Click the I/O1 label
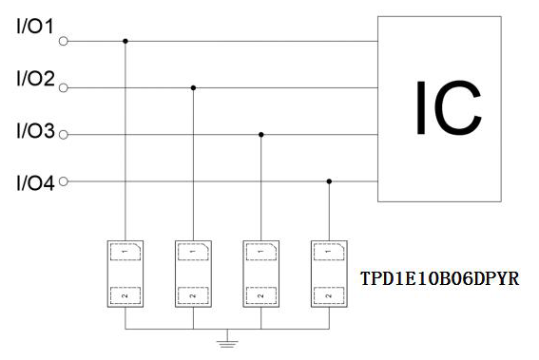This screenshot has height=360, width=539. click(35, 27)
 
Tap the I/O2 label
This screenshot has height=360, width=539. click(36, 78)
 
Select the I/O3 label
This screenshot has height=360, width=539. click(36, 131)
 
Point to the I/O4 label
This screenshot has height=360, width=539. click(36, 183)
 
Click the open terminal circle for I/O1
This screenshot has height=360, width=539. click(64, 41)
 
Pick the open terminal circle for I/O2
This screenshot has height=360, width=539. click(64, 88)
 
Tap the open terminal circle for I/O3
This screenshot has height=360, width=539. click(64, 135)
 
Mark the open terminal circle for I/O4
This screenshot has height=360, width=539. click(64, 181)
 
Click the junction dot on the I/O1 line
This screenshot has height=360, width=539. click(125, 41)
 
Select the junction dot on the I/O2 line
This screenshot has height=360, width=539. click(193, 88)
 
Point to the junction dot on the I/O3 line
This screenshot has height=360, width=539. click(261, 135)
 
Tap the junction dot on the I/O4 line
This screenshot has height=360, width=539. click(329, 181)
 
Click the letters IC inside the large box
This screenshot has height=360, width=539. click(449, 108)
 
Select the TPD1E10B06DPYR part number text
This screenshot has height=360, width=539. click(439, 278)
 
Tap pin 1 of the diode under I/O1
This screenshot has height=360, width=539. click(125, 252)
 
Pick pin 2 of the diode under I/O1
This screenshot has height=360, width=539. click(125, 295)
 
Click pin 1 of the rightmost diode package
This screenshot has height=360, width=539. click(329, 252)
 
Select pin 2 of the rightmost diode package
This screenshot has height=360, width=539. click(329, 295)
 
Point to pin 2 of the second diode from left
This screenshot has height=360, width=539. click(193, 295)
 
